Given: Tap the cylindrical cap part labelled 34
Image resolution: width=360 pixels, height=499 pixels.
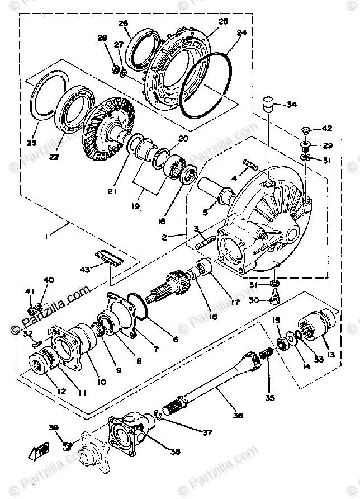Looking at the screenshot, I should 270,105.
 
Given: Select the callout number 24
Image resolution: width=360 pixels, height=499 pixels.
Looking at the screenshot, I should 241,33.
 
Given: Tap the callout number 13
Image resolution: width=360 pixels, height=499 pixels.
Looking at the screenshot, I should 331,354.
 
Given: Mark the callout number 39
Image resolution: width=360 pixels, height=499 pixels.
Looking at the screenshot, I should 53,428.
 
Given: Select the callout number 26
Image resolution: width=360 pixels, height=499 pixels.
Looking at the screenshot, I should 123,23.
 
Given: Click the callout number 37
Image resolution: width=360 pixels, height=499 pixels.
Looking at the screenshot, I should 208,431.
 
